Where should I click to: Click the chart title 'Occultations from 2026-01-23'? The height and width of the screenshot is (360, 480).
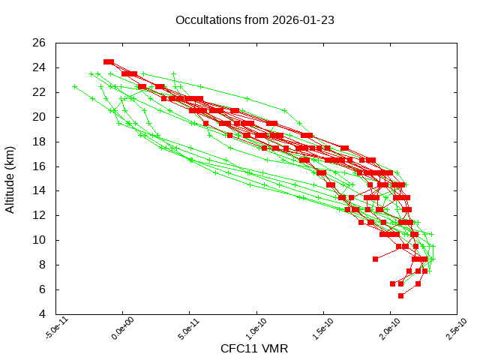[254, 19]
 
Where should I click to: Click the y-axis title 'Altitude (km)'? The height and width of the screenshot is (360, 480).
[10, 178]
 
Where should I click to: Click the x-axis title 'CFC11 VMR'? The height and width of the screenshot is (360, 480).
[254, 349]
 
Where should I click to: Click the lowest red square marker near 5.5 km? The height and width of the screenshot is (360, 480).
[400, 295]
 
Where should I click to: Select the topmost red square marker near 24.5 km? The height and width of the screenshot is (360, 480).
[109, 61]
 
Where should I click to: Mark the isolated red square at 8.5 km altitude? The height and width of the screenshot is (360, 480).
[376, 259]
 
